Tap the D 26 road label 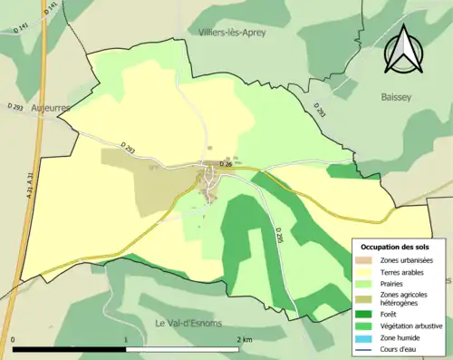coord(227,165)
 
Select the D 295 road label coord(279,235)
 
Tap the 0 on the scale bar coord(14,340)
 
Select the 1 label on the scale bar coord(126,340)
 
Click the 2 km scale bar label coord(244,340)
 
